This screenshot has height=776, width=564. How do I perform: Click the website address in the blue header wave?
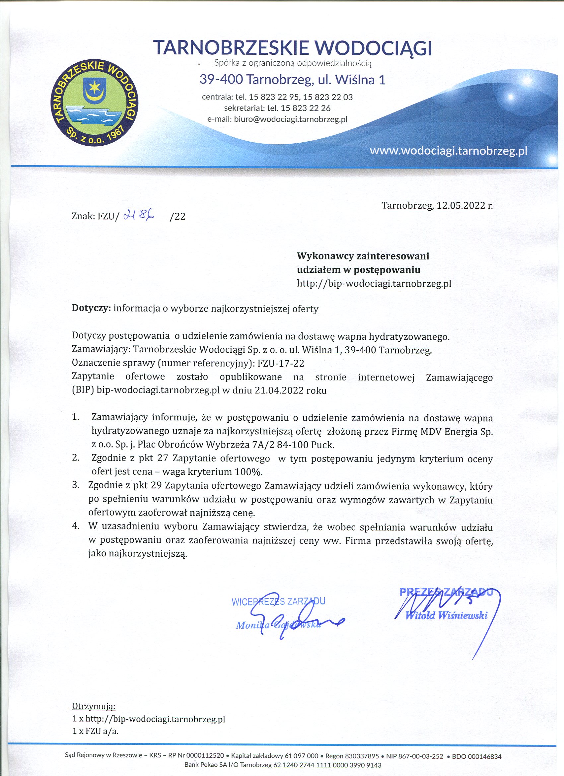pyautogui.click(x=448, y=151)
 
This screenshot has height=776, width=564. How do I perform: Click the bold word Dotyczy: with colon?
pyautogui.click(x=91, y=309)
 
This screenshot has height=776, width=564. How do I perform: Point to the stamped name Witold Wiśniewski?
pyautogui.click(x=446, y=615)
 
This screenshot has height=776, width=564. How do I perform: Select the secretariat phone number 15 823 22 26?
pyautogui.click(x=305, y=108)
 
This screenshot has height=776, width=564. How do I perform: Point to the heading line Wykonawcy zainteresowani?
pyautogui.click(x=363, y=256)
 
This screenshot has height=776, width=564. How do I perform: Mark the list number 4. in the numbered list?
pyautogui.click(x=76, y=527)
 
